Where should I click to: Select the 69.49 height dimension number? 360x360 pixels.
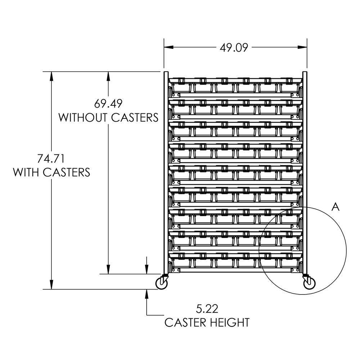pos(109,104)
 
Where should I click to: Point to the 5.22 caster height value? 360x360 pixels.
pos(207,309)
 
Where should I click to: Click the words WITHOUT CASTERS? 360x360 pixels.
pos(109,117)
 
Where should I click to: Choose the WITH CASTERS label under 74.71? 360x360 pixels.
pos(51,172)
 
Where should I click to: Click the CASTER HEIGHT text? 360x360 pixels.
pos(207,322)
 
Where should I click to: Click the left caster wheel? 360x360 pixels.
pos(162,284)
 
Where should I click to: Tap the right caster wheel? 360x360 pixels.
pos(309,284)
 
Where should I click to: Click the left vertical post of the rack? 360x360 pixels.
pos(166,173)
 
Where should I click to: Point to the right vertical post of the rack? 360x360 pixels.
pos(305,173)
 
